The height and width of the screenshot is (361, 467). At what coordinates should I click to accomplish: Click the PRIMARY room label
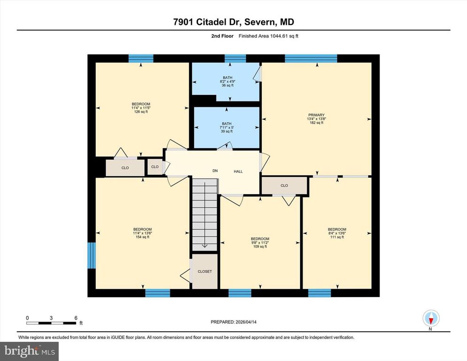pyautogui.click(x=316, y=115)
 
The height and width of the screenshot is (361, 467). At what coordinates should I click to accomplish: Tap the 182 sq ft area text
pyautogui.click(x=316, y=123)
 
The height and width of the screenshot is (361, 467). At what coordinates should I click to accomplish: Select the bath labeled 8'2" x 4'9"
pyautogui.click(x=227, y=81)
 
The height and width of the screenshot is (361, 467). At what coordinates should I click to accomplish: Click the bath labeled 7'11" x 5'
pyautogui.click(x=226, y=127)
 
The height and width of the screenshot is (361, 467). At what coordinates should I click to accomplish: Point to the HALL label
pyautogui.click(x=238, y=172)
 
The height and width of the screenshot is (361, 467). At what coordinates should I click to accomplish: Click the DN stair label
pyautogui.click(x=215, y=171)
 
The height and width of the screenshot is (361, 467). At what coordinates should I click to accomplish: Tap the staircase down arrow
pyautogui.click(x=204, y=244)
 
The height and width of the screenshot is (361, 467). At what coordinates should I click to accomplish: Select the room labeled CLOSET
pyautogui.click(x=204, y=271)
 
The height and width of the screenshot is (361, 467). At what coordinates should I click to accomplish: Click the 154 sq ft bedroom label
pyautogui.click(x=142, y=236)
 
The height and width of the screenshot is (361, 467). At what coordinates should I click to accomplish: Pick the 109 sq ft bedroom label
pyautogui.click(x=260, y=246)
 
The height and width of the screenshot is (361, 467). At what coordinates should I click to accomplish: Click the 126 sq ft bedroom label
pyautogui.click(x=140, y=111)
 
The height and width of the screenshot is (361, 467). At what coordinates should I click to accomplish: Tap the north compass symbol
pyautogui.click(x=430, y=318)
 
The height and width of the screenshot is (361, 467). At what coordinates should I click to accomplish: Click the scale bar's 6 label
pyautogui.click(x=76, y=318)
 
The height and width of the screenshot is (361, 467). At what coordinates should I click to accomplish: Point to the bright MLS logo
pyautogui.click(x=30, y=350)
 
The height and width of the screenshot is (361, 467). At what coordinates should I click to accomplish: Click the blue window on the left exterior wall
pyautogui.click(x=92, y=256)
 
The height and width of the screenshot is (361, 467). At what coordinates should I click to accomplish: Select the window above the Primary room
pyautogui.click(x=311, y=58)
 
